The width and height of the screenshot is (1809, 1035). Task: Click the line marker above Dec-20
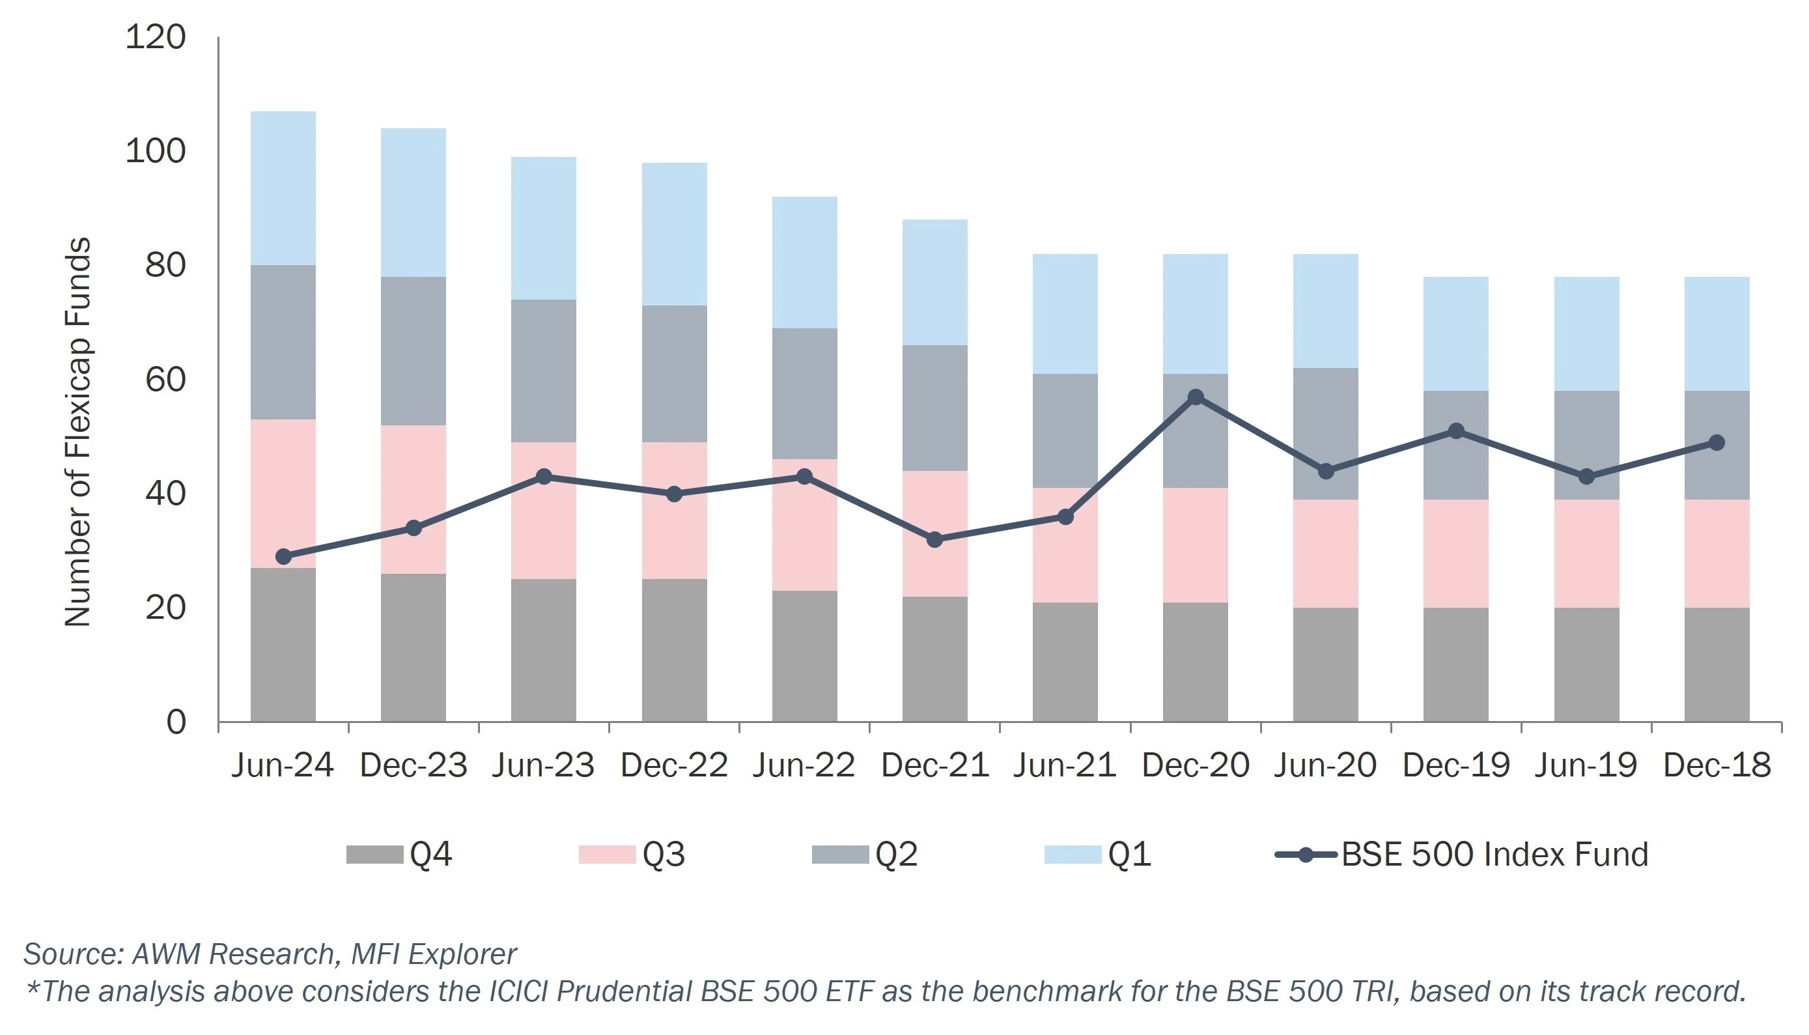click(1196, 397)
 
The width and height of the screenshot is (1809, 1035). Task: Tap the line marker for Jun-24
click(283, 557)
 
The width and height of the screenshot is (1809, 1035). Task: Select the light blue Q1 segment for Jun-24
click(283, 188)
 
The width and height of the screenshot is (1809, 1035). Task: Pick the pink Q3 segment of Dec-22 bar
click(674, 511)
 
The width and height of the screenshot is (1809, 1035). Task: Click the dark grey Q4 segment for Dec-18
click(1717, 664)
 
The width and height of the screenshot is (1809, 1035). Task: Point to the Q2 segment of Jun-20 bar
click(1326, 434)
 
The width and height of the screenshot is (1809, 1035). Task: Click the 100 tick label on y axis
click(155, 151)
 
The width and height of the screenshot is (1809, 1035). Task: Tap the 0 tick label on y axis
click(176, 722)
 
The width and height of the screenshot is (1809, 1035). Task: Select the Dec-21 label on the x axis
click(935, 765)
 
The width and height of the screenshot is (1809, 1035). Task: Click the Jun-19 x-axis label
click(1586, 765)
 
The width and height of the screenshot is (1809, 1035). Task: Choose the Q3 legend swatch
click(607, 855)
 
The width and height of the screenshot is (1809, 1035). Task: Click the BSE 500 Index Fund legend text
click(1494, 855)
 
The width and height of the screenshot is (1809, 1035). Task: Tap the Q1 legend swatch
click(1073, 855)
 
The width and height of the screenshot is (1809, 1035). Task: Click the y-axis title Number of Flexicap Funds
click(78, 432)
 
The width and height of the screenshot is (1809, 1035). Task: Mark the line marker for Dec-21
click(935, 539)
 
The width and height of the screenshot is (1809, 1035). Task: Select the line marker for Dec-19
click(1456, 431)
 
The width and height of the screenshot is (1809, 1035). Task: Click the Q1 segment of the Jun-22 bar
click(804, 262)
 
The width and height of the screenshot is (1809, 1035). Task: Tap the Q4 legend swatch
click(374, 855)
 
